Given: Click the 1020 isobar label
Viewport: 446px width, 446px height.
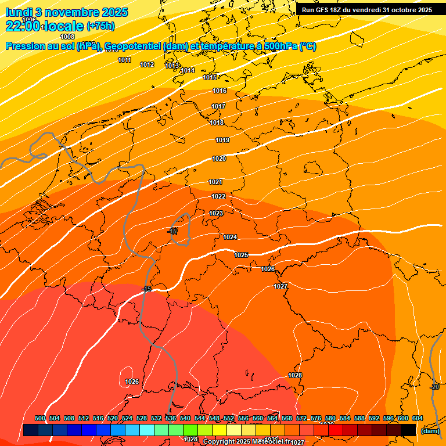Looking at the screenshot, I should [x=219, y=159].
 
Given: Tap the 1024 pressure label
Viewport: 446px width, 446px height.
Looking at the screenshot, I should [x=230, y=237].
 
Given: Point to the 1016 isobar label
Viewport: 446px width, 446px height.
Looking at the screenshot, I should [x=219, y=91].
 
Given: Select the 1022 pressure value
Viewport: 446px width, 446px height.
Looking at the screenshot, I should [x=218, y=197].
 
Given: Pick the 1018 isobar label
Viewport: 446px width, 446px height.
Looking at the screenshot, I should [x=217, y=123].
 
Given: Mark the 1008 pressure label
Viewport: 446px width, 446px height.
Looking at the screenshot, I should [x=67, y=37].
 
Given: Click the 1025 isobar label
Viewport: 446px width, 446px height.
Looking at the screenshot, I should [x=241, y=255].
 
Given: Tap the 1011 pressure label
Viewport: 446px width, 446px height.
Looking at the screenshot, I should [x=124, y=60].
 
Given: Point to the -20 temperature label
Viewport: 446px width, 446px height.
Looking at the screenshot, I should [x=434, y=387].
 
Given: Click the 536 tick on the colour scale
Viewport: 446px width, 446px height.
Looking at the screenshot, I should [x=170, y=418].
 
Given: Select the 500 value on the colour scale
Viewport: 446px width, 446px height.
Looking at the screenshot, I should [x=40, y=418].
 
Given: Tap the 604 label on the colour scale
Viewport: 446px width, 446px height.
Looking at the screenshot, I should [x=418, y=418].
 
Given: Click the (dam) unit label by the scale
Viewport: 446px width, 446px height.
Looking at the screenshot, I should [x=430, y=430].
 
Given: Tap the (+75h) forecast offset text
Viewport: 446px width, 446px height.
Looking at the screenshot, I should [x=100, y=26].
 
